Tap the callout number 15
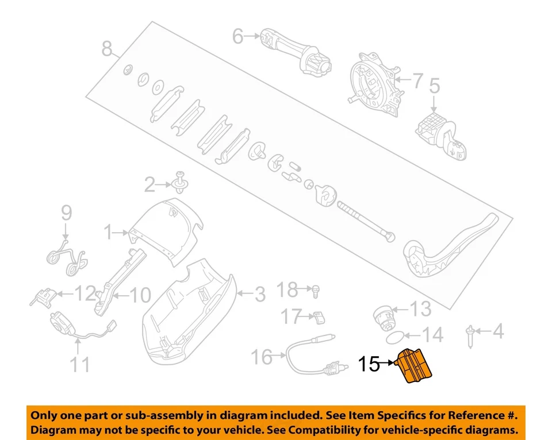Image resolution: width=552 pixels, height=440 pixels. (369, 364)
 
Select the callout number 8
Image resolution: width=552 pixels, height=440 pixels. (107, 49)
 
